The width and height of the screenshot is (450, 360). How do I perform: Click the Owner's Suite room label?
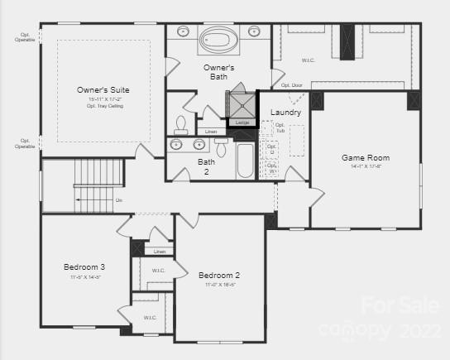coord(103,89)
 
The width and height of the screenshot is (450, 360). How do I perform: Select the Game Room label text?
coord(366,157)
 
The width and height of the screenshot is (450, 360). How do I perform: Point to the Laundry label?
coord(285,112)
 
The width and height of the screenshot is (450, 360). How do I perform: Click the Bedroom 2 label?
coord(219,275)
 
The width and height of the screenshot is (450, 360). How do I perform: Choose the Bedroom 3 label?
coord(85,267)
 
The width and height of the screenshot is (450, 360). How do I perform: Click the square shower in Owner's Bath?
coord(242,103)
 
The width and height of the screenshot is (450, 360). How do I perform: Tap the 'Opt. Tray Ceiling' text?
coord(103,106)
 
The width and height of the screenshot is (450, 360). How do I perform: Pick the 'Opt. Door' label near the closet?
coord(291,85)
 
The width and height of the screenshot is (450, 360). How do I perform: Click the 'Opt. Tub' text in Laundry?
coord(279,128)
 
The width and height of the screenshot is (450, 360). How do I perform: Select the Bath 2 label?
coord(206,166)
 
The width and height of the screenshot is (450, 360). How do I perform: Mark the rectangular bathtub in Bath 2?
coord(246,161)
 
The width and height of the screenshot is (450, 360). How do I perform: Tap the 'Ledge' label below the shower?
coord(242,122)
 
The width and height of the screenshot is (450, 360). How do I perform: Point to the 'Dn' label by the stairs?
coord(119,200)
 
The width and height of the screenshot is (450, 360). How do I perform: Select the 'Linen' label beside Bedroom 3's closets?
coord(160,252)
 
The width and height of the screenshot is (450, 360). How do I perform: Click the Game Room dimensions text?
coord(366,167)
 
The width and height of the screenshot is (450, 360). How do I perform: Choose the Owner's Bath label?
coord(219,72)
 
